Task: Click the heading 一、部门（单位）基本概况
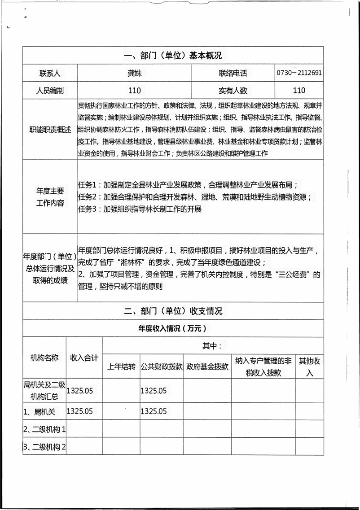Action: [173, 56]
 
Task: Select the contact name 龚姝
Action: [134, 73]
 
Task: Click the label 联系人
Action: [50, 73]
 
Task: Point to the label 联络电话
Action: [233, 73]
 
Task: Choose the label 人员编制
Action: [50, 91]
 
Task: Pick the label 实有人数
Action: [233, 91]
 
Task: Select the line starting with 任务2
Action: [194, 197]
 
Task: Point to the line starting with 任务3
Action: [140, 209]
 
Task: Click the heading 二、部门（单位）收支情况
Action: [173, 311]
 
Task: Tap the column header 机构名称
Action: [44, 357]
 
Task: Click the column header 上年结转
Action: [121, 366]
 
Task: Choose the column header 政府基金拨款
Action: [207, 366]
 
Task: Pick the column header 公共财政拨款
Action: [162, 366]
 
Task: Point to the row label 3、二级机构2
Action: [44, 446]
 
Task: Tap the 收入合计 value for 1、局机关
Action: [80, 411]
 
